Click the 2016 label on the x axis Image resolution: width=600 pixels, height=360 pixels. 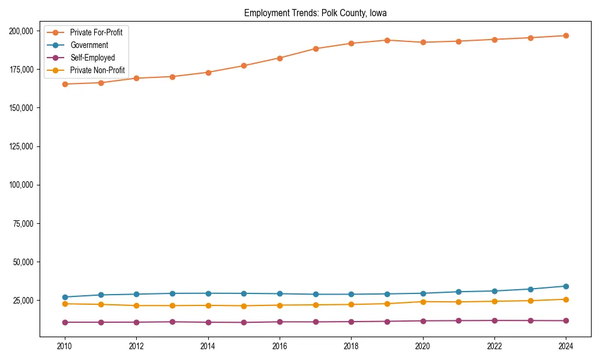point(280,346)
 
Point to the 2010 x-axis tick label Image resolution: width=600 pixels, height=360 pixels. point(65,346)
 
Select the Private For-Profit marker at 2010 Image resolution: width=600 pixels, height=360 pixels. point(65,84)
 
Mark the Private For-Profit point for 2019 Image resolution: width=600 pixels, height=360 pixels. point(387,40)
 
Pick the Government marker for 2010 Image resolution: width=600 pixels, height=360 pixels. point(65,297)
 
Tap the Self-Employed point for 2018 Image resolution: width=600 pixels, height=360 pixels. point(351,322)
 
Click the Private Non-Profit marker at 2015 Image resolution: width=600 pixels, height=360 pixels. point(244,306)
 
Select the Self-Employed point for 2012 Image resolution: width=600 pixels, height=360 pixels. point(136,322)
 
